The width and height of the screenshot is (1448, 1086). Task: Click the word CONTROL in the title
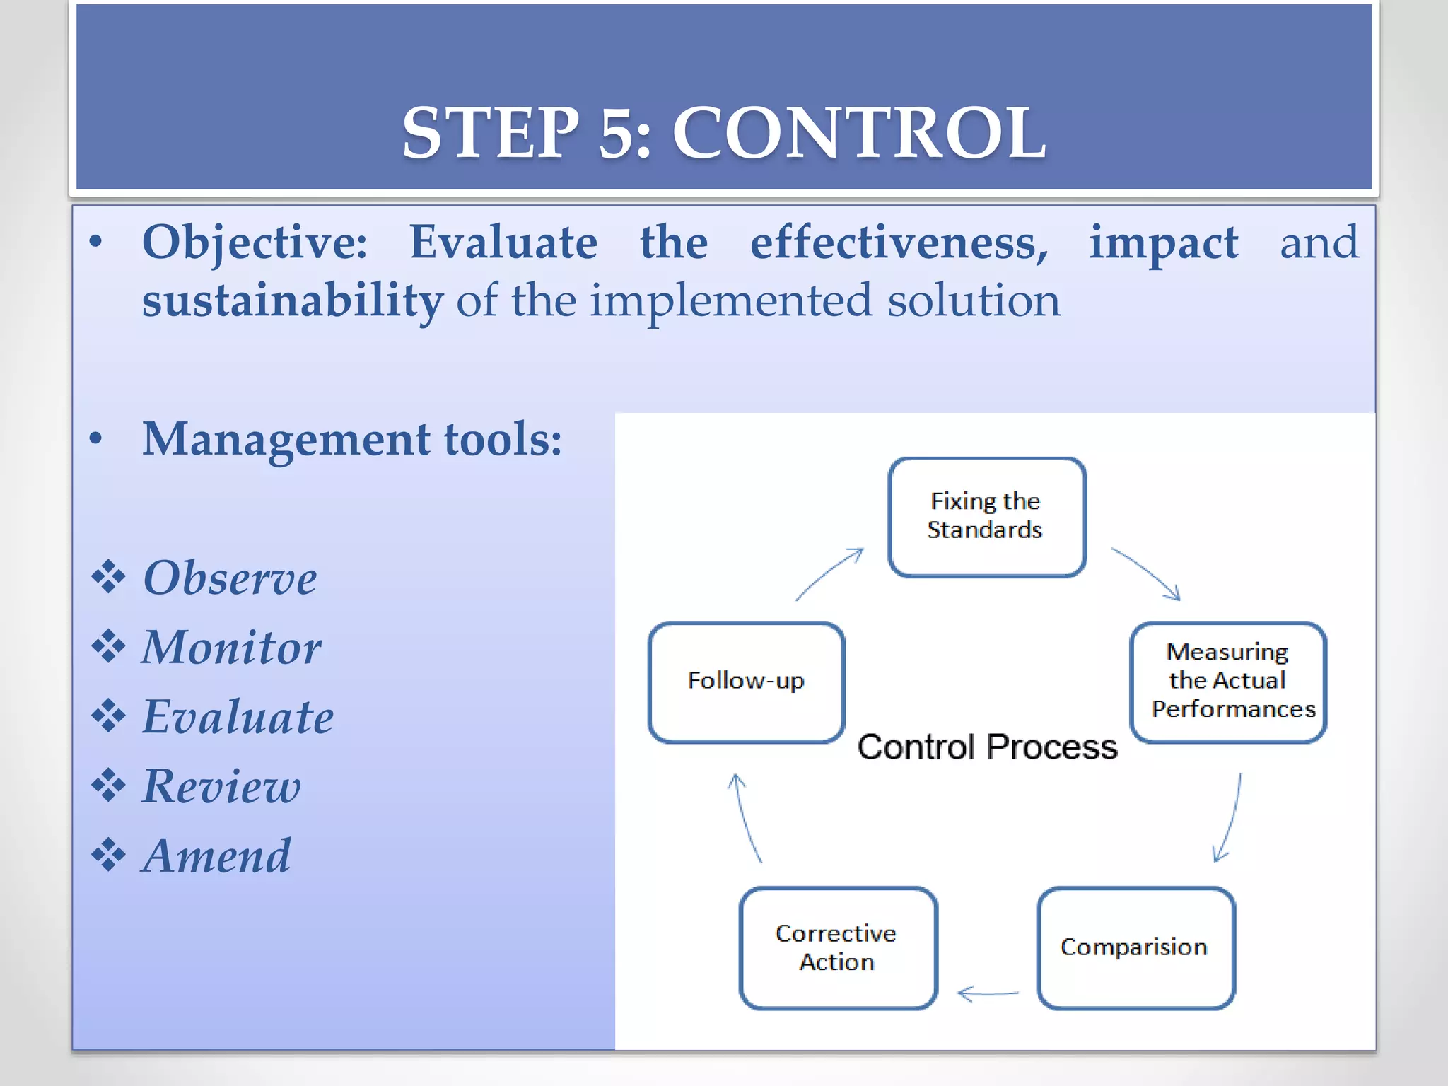[858, 133]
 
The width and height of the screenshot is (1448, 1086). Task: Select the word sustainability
[292, 300]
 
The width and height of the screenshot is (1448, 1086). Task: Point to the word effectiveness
[899, 243]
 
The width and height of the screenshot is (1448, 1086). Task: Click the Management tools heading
[352, 439]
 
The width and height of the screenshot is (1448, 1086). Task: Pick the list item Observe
[230, 578]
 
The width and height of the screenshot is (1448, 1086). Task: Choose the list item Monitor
[231, 648]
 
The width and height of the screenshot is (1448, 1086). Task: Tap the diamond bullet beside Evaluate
[108, 716]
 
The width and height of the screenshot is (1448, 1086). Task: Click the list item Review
[221, 786]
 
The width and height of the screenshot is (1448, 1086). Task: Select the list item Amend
[216, 856]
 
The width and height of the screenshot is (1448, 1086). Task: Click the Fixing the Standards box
[986, 517]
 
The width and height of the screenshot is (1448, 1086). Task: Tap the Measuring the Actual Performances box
[1228, 682]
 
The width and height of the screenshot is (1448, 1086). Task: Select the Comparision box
[1135, 947]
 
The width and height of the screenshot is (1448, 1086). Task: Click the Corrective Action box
[837, 947]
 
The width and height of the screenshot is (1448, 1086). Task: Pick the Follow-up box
[746, 682]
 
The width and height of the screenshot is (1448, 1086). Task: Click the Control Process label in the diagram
[987, 747]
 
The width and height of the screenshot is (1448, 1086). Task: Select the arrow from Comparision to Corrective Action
[988, 994]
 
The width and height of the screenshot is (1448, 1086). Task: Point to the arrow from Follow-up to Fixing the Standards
[829, 573]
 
